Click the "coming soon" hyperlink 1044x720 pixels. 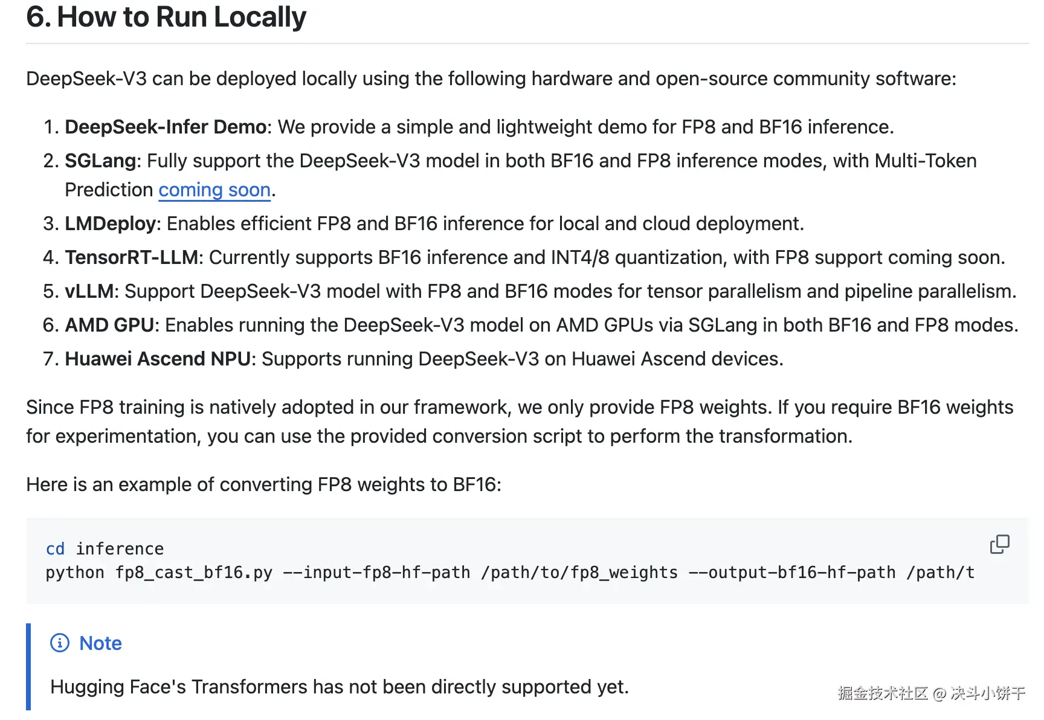pyautogui.click(x=214, y=190)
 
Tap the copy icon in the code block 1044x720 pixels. pyautogui.click(x=999, y=544)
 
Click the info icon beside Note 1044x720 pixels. pyautogui.click(x=60, y=643)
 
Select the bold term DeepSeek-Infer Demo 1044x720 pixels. pyautogui.click(x=166, y=127)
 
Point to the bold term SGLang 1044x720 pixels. pyautogui.click(x=100, y=161)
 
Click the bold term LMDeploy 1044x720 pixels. pyautogui.click(x=111, y=224)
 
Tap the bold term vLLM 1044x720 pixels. pyautogui.click(x=89, y=292)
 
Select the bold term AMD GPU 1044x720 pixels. pyautogui.click(x=109, y=326)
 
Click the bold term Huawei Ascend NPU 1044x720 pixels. pyautogui.click(x=157, y=359)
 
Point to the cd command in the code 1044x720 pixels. pyautogui.click(x=55, y=549)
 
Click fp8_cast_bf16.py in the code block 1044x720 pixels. pyautogui.click(x=193, y=573)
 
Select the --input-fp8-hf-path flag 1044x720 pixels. pyautogui.click(x=376, y=573)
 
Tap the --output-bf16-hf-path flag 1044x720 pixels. pyautogui.click(x=792, y=573)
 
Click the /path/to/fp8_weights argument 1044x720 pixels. pyautogui.click(x=579, y=573)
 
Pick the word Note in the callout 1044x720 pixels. pyautogui.click(x=100, y=644)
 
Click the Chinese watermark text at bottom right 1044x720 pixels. pyautogui.click(x=931, y=693)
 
